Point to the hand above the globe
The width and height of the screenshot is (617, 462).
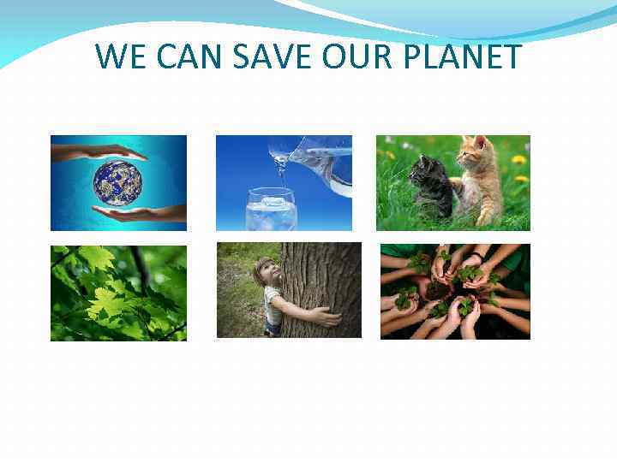pyautogui.click(x=99, y=152)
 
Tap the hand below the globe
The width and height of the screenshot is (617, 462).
pyautogui.click(x=137, y=214)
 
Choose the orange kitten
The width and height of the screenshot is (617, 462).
pyautogui.click(x=479, y=184)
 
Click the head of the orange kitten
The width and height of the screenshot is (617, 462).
pyautogui.click(x=472, y=155)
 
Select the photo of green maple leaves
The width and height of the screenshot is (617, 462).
pyautogui.click(x=118, y=293)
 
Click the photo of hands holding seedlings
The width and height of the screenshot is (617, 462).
pyautogui.click(x=455, y=292)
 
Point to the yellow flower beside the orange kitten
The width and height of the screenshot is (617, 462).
pyautogui.click(x=518, y=160)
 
